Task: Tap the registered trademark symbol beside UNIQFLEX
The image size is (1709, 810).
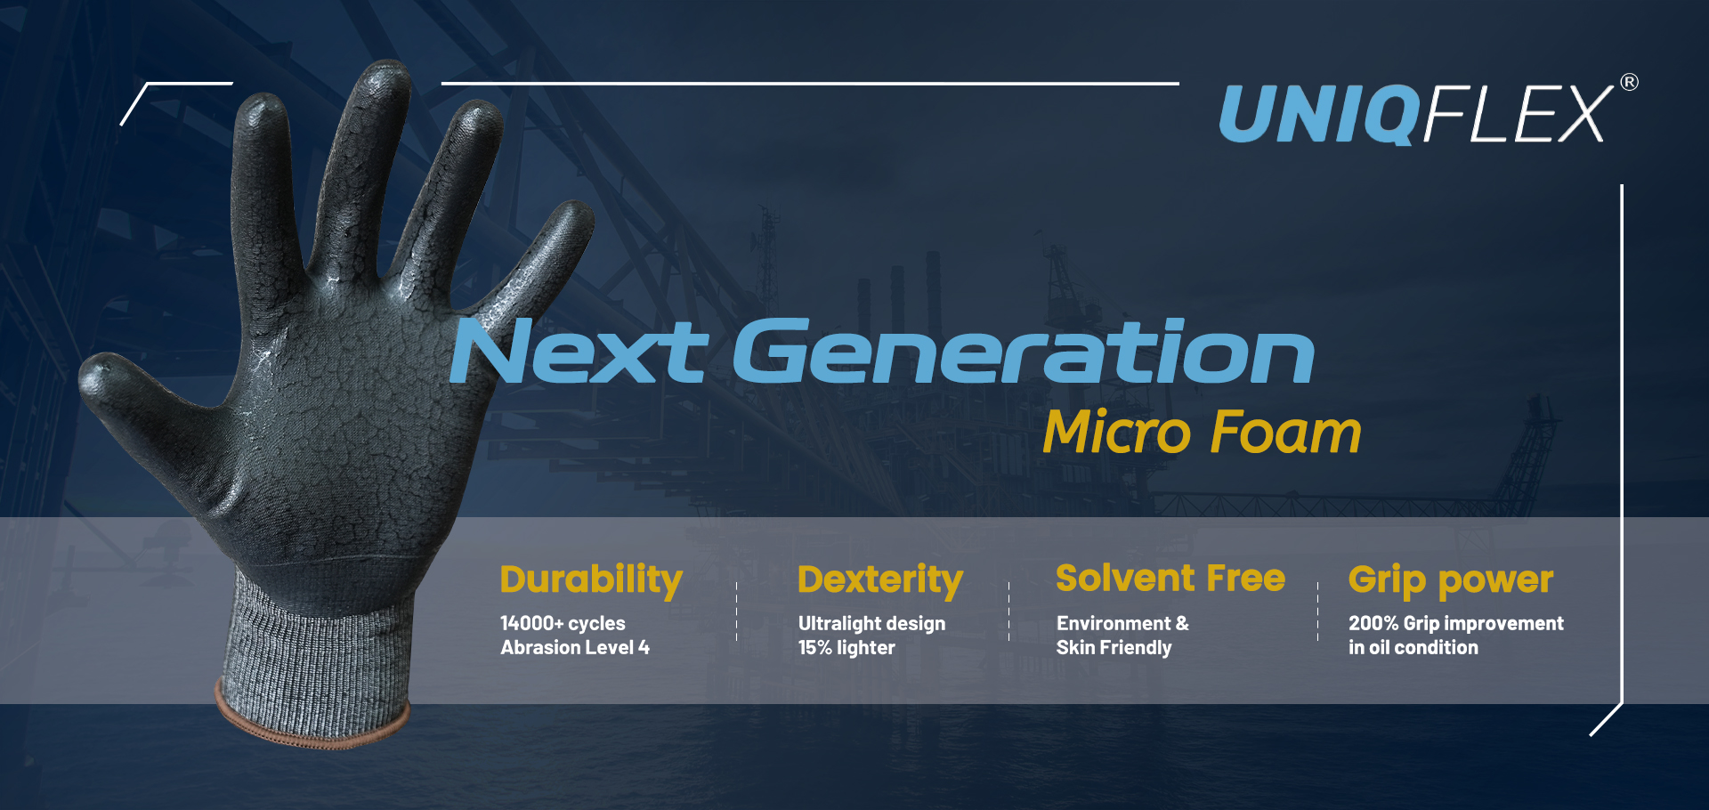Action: (x=1629, y=82)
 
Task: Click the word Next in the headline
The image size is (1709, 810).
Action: (x=579, y=352)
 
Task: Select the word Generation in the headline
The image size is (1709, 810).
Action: (x=1024, y=352)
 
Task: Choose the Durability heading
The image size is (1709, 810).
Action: (x=591, y=580)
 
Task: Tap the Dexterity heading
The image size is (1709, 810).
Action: (x=880, y=580)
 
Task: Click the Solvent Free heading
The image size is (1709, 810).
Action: (x=1170, y=579)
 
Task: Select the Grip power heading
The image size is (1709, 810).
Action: (x=1451, y=580)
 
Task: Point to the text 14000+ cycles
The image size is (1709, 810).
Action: (x=563, y=623)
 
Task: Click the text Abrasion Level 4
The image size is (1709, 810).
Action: (x=575, y=647)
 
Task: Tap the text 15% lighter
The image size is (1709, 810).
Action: (x=846, y=647)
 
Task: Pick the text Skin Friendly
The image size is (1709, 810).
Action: (x=1114, y=647)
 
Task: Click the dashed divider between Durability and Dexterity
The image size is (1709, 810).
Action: (x=737, y=612)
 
